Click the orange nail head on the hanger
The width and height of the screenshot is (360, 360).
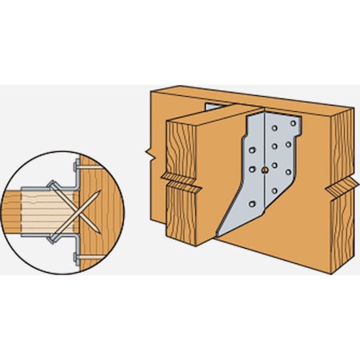(x=266, y=170)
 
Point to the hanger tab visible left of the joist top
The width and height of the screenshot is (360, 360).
(x=210, y=107)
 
